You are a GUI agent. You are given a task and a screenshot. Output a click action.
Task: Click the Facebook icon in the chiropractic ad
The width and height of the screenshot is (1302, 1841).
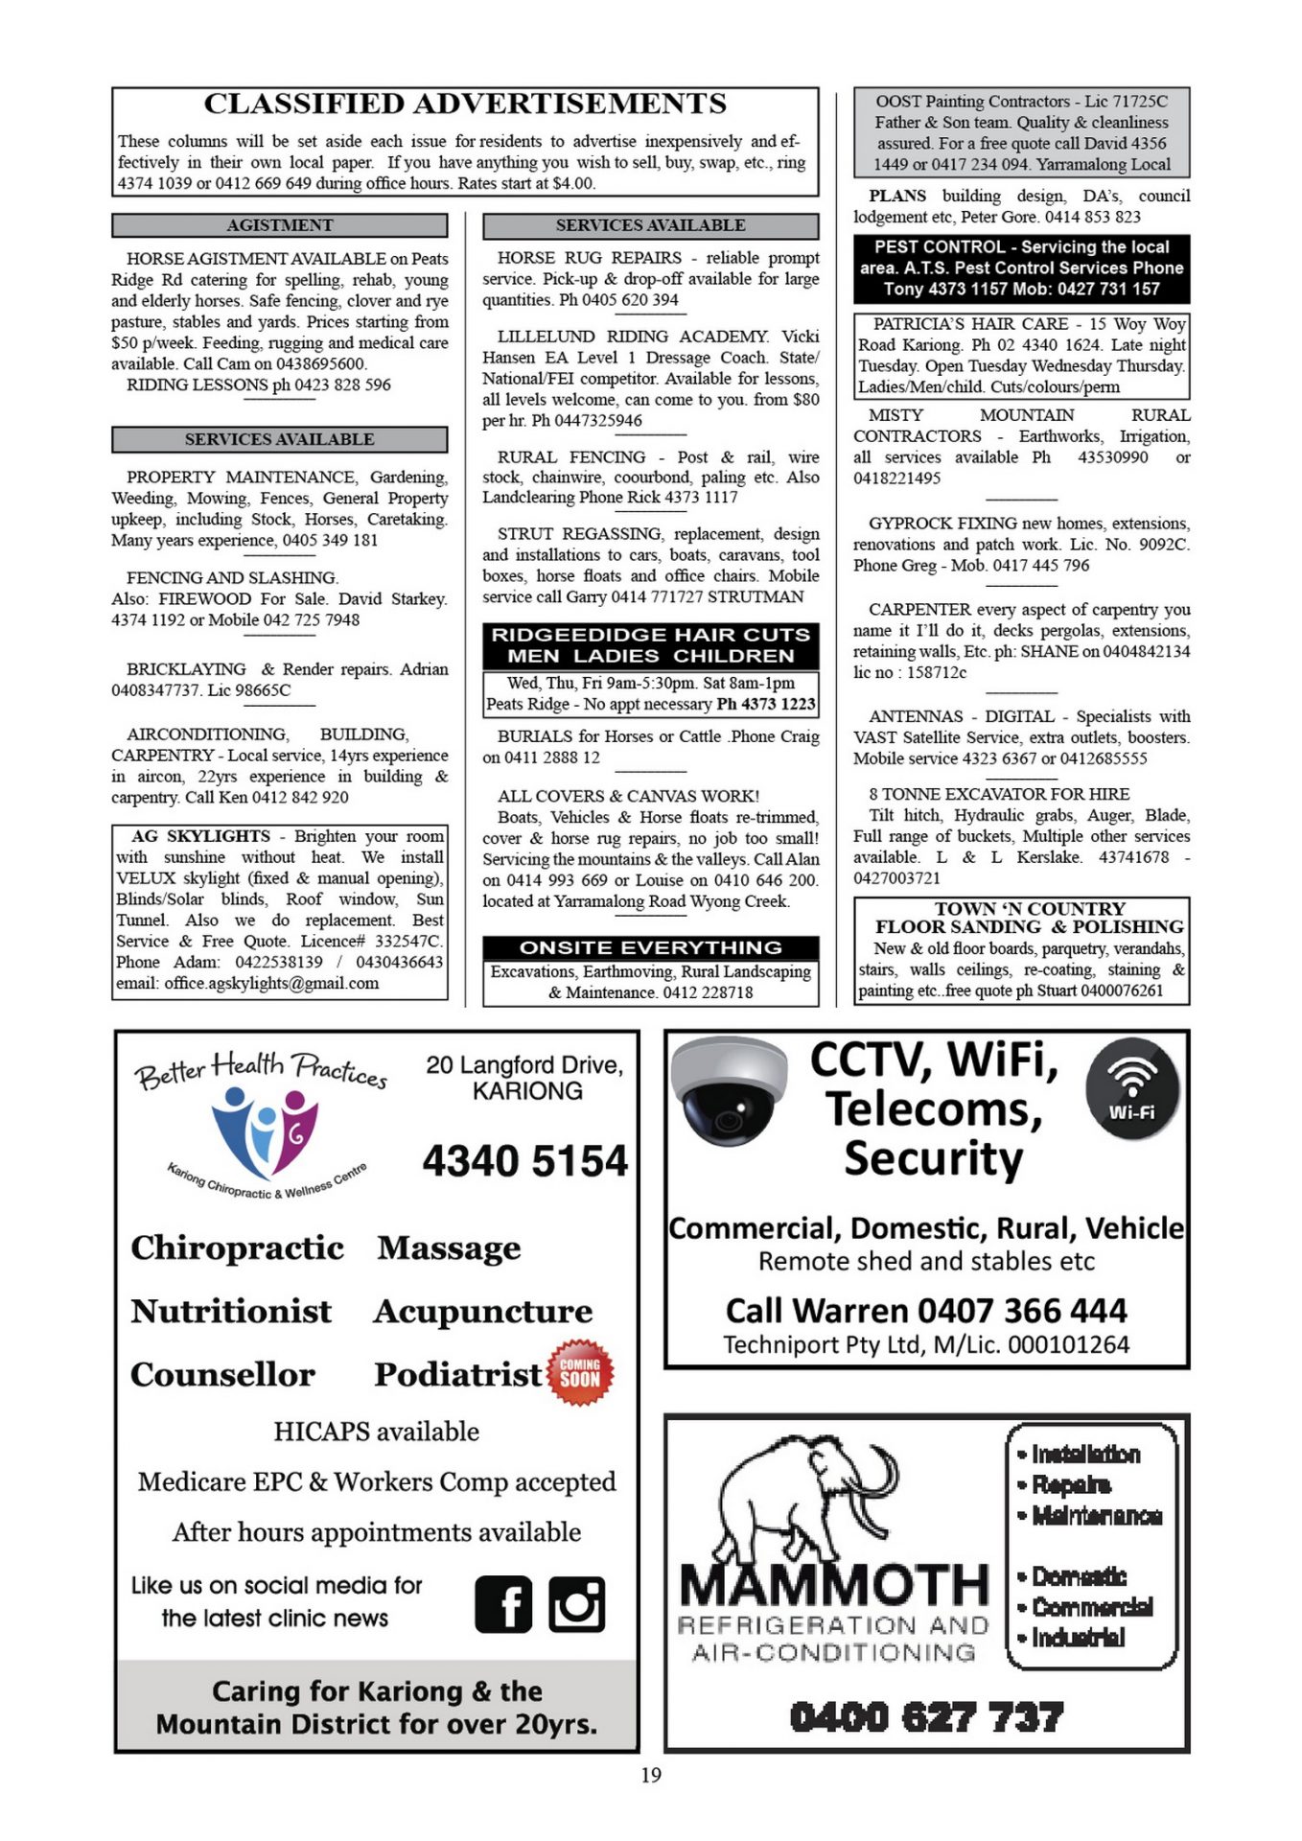tap(503, 1604)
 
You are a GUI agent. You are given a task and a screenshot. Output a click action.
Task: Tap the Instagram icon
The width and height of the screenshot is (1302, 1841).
tap(576, 1604)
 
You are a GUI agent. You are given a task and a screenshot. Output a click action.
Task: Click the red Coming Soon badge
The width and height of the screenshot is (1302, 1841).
tap(580, 1372)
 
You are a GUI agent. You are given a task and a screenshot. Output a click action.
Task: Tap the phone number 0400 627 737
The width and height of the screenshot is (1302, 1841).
tap(926, 1717)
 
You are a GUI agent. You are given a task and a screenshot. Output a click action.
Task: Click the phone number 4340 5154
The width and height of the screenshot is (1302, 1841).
tap(525, 1160)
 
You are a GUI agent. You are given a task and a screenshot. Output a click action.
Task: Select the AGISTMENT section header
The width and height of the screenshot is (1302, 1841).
tap(279, 225)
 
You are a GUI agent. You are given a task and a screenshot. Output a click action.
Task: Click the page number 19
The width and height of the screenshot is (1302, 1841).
tap(651, 1775)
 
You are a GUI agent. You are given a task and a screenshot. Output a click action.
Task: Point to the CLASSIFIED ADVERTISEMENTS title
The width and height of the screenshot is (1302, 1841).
tap(465, 104)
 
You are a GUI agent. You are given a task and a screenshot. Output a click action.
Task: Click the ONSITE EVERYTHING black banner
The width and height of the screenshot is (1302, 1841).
tap(650, 947)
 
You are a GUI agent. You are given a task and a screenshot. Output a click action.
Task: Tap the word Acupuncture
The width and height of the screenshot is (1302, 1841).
tap(483, 1311)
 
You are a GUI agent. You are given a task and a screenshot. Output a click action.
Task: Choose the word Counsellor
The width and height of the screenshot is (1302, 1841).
tap(222, 1374)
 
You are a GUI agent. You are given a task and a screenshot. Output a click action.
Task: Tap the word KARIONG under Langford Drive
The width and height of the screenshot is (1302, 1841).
tap(526, 1091)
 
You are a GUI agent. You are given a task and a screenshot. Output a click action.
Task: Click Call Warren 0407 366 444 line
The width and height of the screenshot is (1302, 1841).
tap(926, 1310)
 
